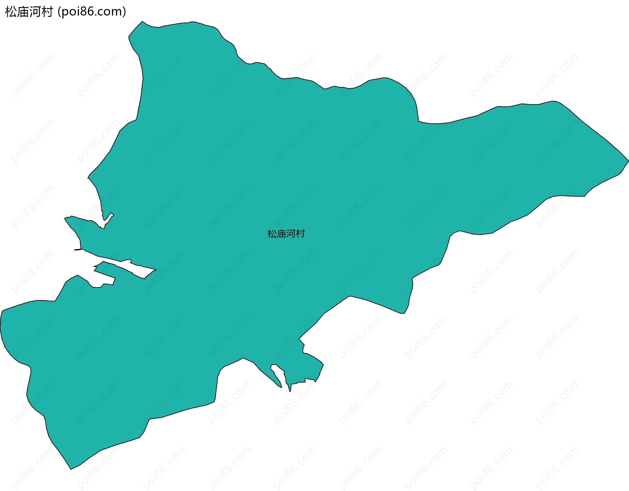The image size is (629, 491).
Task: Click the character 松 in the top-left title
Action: [11, 12]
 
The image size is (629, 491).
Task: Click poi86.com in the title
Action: [91, 12]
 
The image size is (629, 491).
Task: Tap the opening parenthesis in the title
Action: [59, 12]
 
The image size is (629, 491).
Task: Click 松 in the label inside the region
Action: [272, 234]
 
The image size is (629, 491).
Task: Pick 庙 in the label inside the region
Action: [281, 234]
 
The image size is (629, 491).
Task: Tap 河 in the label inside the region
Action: [291, 234]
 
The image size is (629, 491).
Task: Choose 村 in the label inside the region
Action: [300, 234]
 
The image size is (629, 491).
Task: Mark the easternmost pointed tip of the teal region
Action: [628, 161]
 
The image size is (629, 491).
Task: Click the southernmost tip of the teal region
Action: [71, 469]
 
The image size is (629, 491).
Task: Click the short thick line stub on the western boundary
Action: [78, 250]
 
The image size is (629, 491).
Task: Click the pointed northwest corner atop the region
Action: [142, 22]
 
